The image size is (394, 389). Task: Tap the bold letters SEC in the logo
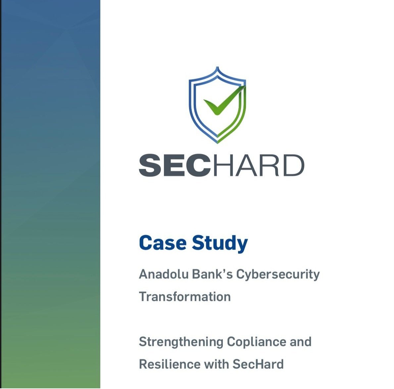click(x=174, y=165)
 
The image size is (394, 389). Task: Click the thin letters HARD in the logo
click(x=259, y=165)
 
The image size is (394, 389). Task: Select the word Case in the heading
click(x=163, y=243)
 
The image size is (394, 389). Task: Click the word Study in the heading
click(x=220, y=244)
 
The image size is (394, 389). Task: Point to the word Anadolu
click(x=164, y=274)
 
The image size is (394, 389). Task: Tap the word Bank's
click(x=213, y=274)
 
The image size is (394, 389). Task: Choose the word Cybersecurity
click(x=278, y=275)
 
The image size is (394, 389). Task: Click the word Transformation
click(x=185, y=297)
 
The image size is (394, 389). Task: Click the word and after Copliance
click(x=301, y=342)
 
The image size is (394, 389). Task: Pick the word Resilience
click(x=170, y=364)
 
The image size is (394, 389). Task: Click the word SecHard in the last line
click(x=258, y=364)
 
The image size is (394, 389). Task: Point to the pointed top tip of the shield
click(x=217, y=67)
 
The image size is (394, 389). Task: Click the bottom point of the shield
click(x=217, y=143)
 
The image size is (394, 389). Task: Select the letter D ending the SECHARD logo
click(x=294, y=165)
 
